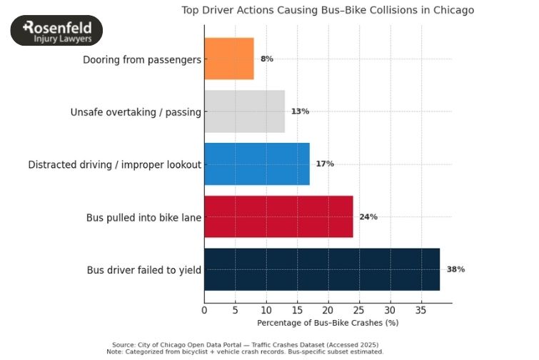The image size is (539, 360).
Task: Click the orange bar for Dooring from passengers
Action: pos(228,59)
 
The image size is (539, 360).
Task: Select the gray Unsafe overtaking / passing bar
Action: pos(244,111)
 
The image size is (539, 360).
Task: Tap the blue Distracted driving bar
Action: pos(256,164)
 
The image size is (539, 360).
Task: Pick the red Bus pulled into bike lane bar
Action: pos(278,216)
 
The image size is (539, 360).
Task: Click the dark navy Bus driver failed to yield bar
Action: pos(321,269)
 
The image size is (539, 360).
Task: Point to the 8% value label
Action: pos(267,59)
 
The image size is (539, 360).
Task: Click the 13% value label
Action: pos(300,111)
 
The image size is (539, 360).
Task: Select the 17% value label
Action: pos(325,164)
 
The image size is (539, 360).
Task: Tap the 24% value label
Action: pos(368,216)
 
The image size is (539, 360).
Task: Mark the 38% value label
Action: pos(455,269)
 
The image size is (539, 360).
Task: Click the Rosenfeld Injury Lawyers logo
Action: pos(56,31)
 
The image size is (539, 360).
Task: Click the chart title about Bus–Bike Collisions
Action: pos(328,10)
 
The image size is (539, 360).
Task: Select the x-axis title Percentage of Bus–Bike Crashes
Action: pos(328,323)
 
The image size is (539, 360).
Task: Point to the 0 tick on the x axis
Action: pos(204,311)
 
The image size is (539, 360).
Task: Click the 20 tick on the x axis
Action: pos(328,311)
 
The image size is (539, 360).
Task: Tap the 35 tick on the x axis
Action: pos(420,311)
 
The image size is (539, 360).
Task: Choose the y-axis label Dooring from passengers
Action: pos(141,59)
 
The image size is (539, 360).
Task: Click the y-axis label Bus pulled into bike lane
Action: pos(143,217)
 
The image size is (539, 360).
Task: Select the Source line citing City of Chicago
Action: pos(245,344)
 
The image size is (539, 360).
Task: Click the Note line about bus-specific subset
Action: pos(245,351)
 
